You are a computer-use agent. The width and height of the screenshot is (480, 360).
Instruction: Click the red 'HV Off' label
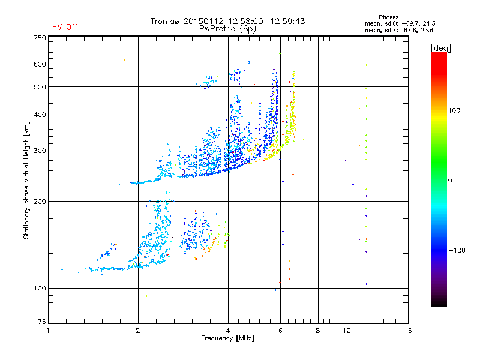coord(65,27)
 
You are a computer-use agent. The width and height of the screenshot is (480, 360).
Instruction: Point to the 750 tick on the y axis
coord(40,38)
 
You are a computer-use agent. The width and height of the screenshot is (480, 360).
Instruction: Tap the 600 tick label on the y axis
coord(40,64)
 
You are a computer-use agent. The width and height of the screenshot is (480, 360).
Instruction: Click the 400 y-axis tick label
coord(40,115)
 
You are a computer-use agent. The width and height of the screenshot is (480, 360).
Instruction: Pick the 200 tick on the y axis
coord(40,201)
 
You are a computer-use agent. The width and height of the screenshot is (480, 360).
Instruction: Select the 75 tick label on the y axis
coord(42,324)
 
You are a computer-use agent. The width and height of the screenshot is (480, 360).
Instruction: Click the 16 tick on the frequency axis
coord(407,331)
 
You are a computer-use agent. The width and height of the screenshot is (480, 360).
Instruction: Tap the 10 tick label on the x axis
coord(346,331)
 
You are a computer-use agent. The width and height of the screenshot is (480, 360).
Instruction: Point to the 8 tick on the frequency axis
coord(318,331)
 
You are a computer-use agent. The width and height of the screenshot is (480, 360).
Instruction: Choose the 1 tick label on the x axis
coord(49,331)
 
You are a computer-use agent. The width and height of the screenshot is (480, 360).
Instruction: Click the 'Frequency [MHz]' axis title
coord(228,339)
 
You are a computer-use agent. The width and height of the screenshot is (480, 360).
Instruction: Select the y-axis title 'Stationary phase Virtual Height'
coord(26,180)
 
